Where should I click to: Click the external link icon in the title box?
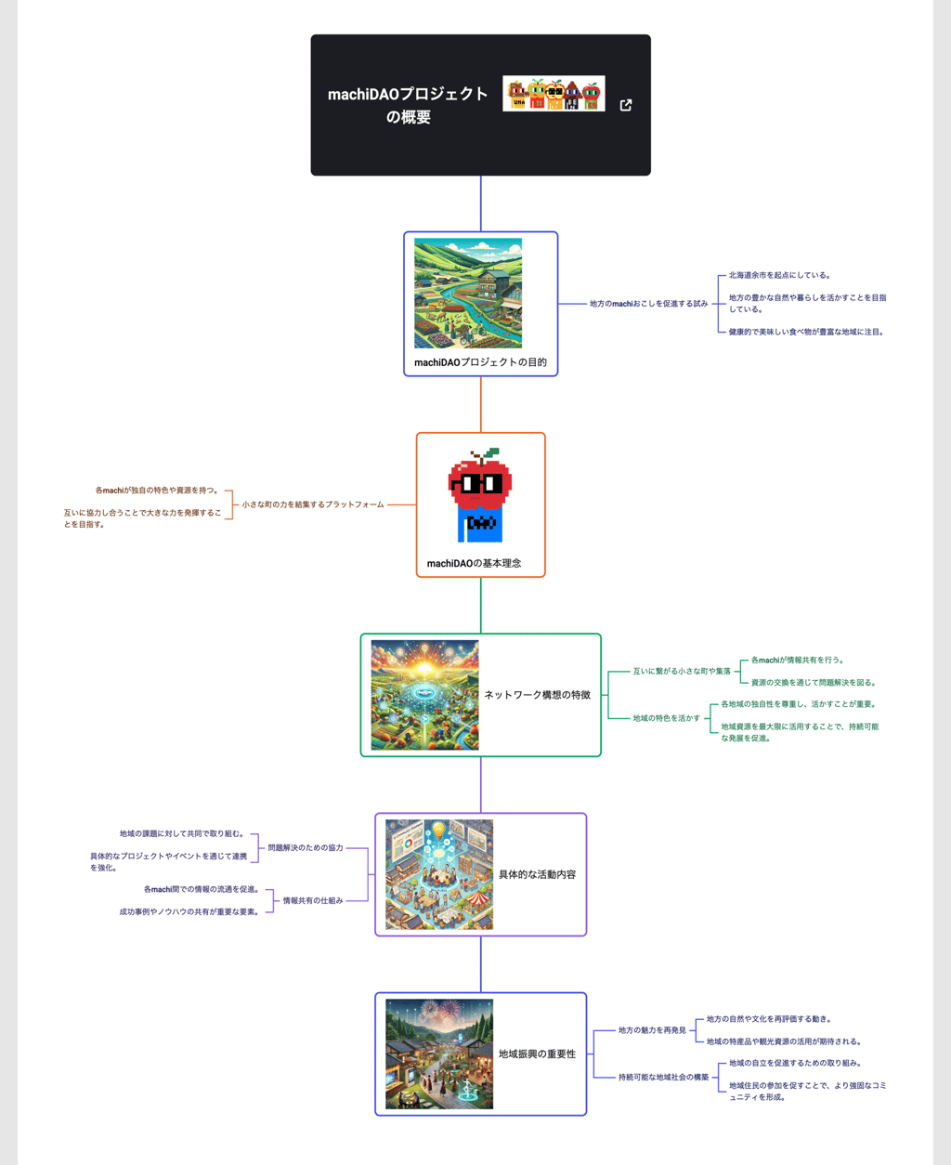point(626,105)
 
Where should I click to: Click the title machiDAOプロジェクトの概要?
point(408,105)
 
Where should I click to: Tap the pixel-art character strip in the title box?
point(554,94)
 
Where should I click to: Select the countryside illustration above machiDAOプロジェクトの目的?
point(468,294)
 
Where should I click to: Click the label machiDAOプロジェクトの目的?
point(480,362)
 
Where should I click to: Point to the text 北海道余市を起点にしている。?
point(779,276)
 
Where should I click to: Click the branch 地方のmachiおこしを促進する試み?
point(648,304)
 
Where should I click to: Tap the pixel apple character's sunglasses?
point(480,484)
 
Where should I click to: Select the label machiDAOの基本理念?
point(474,563)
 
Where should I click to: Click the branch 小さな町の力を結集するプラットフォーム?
point(313,504)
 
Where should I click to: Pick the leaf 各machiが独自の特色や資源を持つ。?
point(158,491)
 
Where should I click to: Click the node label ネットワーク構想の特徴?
point(537,695)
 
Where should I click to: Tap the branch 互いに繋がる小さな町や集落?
point(682,671)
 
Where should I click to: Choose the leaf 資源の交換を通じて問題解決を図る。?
point(814,683)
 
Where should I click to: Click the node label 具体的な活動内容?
point(537,874)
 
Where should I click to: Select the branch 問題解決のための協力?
point(306,848)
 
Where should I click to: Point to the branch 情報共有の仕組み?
point(313,900)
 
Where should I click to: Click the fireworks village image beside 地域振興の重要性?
point(439,1054)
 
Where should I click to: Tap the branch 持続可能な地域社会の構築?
point(663,1078)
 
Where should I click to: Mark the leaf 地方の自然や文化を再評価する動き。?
point(769,1019)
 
